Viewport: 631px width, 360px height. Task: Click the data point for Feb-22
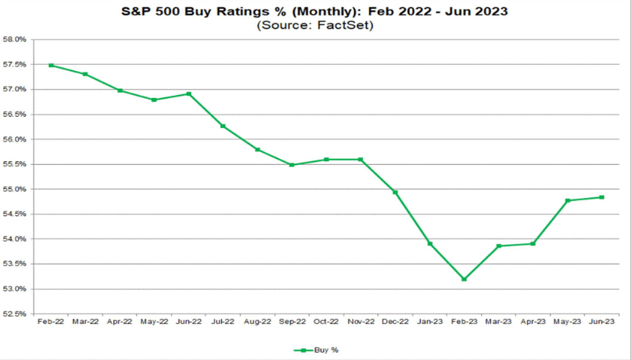point(51,66)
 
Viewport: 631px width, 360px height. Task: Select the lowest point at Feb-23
point(464,279)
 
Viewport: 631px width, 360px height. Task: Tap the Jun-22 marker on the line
point(188,94)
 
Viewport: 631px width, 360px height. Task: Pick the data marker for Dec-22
point(395,192)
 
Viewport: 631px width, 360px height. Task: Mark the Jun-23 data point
point(602,197)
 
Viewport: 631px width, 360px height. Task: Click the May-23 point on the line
point(567,200)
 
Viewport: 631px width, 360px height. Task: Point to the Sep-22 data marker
point(291,165)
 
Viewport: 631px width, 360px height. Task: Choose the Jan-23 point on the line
point(430,243)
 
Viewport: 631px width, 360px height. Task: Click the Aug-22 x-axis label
point(257,322)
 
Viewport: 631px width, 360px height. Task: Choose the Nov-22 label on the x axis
point(360,322)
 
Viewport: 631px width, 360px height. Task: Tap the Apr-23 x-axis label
point(532,322)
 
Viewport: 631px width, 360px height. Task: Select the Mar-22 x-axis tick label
point(85,322)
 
